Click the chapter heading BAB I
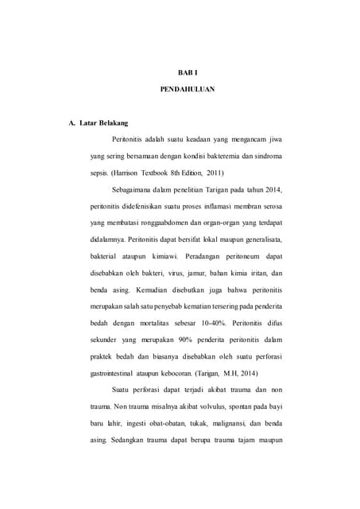pyautogui.click(x=181, y=72)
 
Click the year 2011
pyautogui.click(x=214, y=172)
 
